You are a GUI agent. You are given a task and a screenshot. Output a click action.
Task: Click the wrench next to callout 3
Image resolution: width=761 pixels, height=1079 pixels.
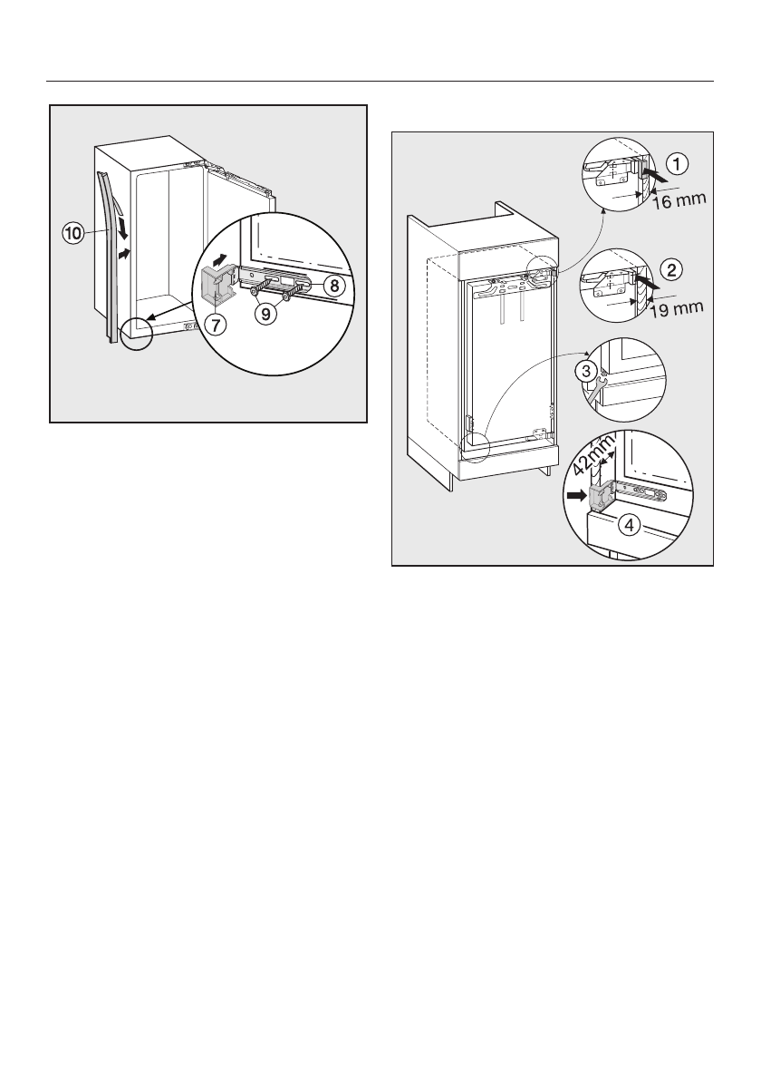click(x=594, y=388)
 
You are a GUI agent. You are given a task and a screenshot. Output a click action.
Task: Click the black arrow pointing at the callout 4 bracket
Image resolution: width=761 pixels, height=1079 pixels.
click(x=575, y=496)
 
